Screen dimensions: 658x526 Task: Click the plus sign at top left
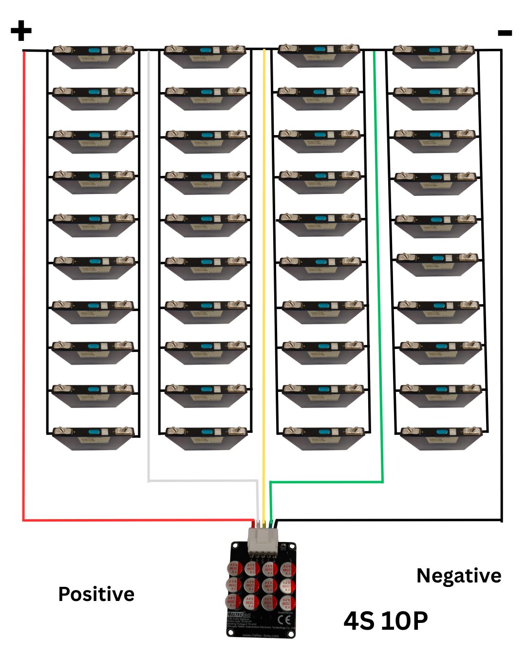pos(20,31)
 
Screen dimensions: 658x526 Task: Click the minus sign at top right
pos(505,33)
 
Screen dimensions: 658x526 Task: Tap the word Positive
pos(96,594)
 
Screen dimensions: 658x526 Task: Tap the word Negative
pos(458,576)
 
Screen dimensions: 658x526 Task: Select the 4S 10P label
pos(385,620)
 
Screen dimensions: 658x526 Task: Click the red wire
pos(23,292)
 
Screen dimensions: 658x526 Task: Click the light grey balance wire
pos(149,292)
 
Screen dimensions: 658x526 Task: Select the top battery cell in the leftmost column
pos(93,56)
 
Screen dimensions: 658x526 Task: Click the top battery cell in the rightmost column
pos(433,56)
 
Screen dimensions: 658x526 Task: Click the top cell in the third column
pos(319,55)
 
